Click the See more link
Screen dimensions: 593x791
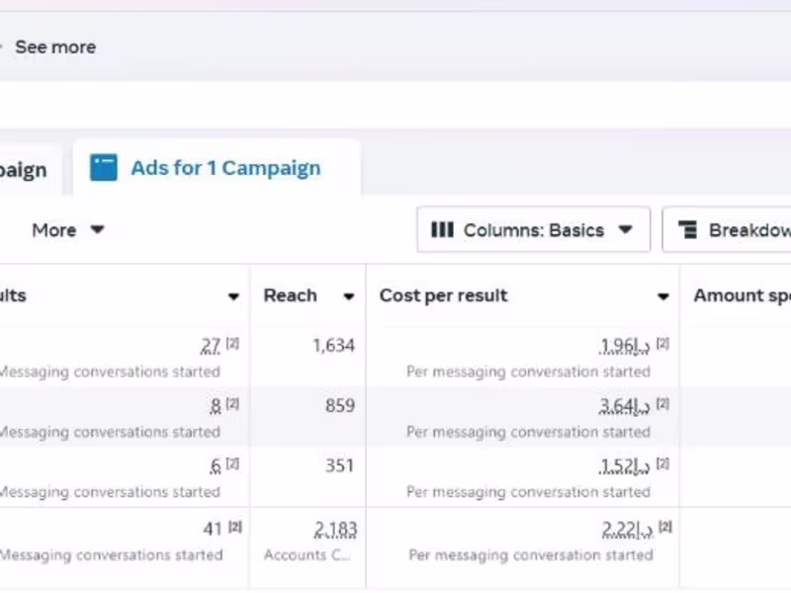(x=54, y=46)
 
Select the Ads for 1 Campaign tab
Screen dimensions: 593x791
(x=224, y=168)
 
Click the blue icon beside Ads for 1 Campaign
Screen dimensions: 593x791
(x=104, y=168)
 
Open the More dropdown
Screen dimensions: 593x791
(x=67, y=230)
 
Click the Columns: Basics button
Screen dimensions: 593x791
(x=533, y=230)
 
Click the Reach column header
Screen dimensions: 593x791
(x=290, y=296)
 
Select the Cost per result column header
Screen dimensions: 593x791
(x=443, y=296)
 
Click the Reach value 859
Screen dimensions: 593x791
(x=339, y=405)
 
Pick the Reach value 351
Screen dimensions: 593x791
(x=339, y=466)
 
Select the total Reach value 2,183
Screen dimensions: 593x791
(x=335, y=530)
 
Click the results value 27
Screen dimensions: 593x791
(x=211, y=345)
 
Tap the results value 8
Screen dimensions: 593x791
(x=216, y=405)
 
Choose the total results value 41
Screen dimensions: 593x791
(x=212, y=530)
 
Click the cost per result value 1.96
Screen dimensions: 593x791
(x=624, y=345)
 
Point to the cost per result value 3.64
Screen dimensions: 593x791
(x=624, y=405)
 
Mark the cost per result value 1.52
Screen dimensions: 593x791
(x=624, y=466)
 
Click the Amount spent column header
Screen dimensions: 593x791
(x=742, y=296)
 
